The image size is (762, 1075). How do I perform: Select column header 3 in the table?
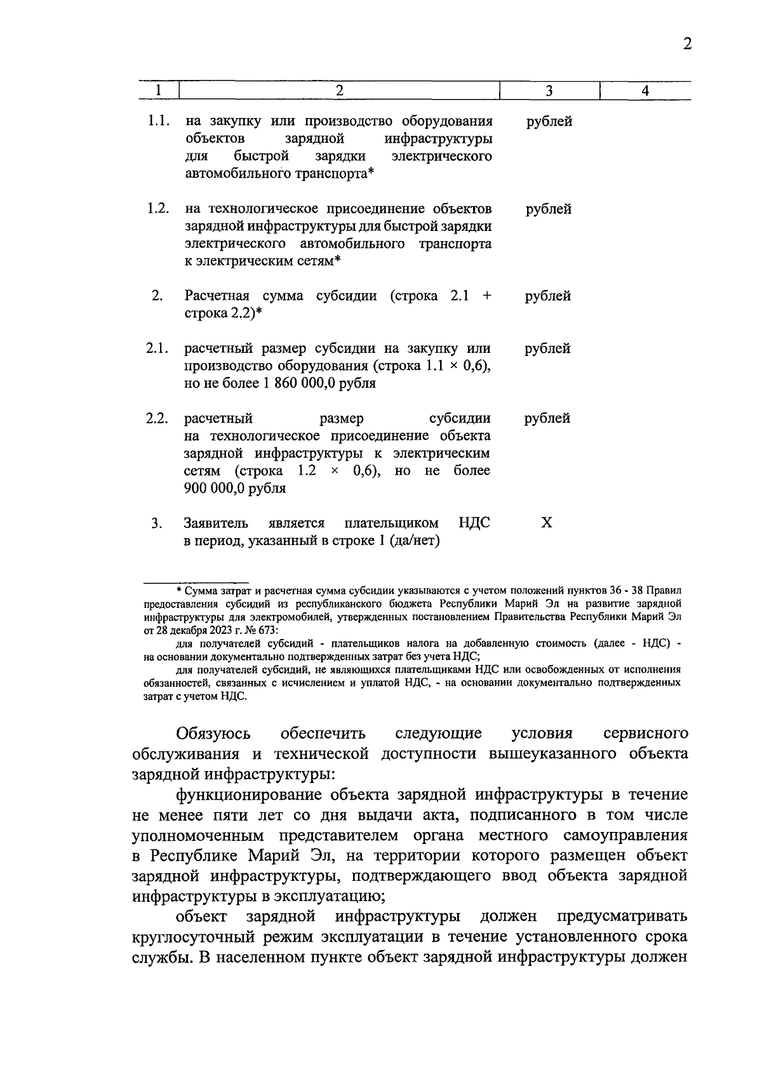(x=549, y=91)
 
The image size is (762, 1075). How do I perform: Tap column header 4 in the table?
(x=645, y=91)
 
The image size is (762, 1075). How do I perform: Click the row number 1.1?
(x=158, y=121)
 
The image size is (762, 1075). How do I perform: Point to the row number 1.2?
(x=158, y=209)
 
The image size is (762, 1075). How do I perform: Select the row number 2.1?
(x=157, y=348)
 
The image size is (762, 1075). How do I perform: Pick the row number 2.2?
(x=157, y=418)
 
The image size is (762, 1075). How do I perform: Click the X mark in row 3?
(x=546, y=523)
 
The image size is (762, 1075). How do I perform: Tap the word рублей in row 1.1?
(x=549, y=121)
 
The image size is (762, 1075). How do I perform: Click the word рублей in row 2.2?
(x=547, y=418)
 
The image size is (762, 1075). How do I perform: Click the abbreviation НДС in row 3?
(x=474, y=523)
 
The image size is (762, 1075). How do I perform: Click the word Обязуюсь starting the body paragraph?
(x=213, y=734)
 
